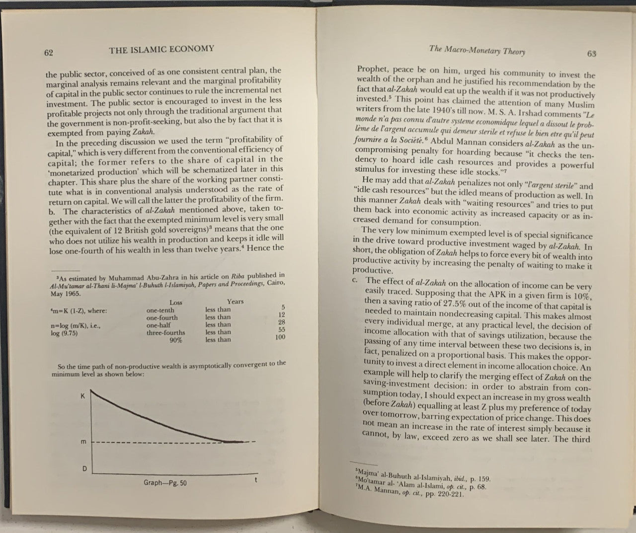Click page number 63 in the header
591,54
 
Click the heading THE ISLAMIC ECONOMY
161,49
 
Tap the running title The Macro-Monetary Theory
477,50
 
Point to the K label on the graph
82,396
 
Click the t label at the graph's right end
255,480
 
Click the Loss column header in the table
176,302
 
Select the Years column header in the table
235,301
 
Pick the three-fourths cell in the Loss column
165,333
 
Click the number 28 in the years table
281,322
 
